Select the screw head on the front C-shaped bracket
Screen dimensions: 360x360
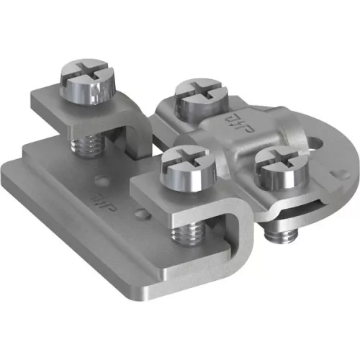189,168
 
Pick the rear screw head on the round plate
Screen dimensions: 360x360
197,99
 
